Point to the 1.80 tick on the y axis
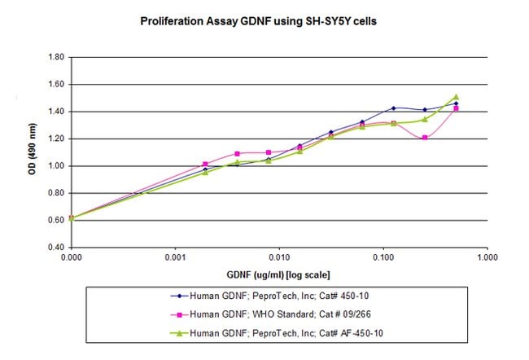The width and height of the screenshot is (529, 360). (x=55, y=58)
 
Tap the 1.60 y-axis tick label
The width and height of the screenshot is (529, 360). (x=55, y=85)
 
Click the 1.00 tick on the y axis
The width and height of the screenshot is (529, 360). (x=55, y=166)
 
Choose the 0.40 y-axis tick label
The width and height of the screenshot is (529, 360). (x=55, y=247)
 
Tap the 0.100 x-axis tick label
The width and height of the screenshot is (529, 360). (x=383, y=256)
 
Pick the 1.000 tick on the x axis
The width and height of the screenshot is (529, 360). (x=487, y=256)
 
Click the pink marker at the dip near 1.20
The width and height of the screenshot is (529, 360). (x=425, y=138)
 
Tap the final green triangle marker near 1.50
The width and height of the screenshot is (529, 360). (x=456, y=97)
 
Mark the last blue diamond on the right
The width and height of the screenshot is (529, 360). (x=456, y=103)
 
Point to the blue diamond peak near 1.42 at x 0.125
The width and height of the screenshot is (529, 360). (x=393, y=108)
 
